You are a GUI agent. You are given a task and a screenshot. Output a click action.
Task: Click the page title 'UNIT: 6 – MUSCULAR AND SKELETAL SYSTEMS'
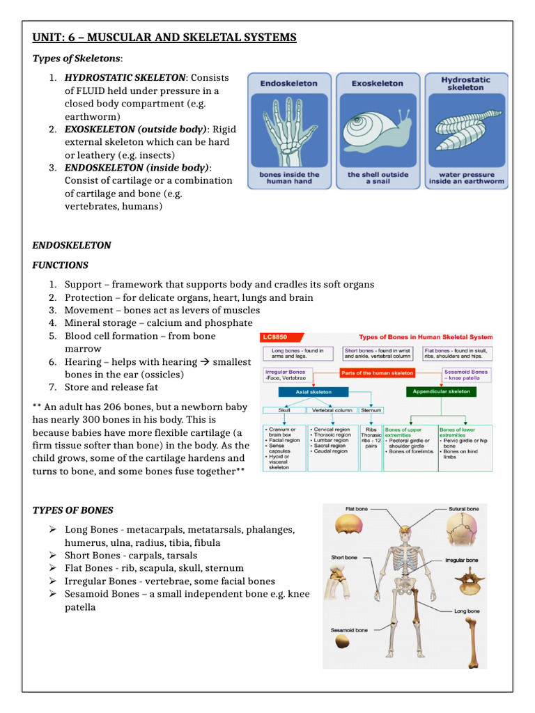(164, 37)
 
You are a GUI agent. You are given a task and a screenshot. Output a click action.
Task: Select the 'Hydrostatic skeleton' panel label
(466, 83)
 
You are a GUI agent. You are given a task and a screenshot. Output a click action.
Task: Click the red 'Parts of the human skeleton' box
(376, 373)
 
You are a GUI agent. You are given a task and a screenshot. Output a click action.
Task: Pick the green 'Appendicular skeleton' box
(440, 391)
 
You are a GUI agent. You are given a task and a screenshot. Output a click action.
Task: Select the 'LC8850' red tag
(274, 337)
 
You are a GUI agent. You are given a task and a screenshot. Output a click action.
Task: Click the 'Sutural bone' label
(463, 509)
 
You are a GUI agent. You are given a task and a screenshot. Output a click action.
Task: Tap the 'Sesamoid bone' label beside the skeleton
(349, 630)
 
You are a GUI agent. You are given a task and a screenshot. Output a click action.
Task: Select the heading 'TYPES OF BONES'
(72, 510)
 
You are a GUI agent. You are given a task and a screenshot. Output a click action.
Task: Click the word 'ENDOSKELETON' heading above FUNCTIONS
(72, 246)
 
